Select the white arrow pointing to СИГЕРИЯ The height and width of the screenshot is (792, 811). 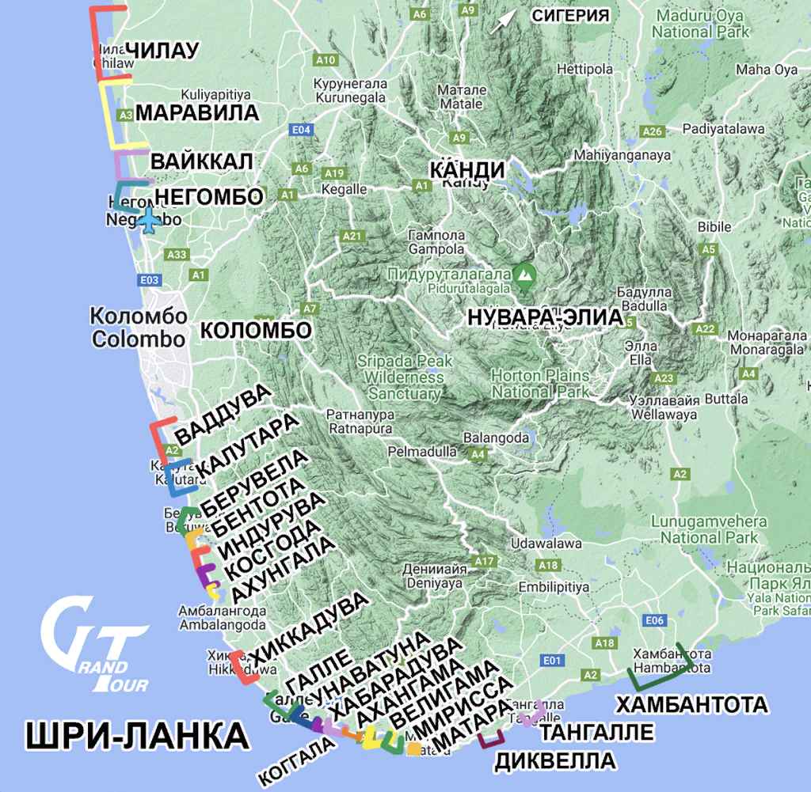pos(501,21)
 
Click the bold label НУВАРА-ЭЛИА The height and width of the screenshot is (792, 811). pos(546,316)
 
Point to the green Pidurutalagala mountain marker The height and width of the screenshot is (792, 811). pos(524,275)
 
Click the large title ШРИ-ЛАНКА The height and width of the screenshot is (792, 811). pos(137,737)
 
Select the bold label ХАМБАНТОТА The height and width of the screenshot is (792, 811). pos(691,704)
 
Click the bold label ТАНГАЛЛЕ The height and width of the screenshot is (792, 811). pos(598,732)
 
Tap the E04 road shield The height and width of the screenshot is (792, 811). pos(300,130)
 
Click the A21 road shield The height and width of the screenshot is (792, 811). pos(352,236)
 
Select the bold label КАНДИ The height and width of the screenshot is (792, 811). pos(466,169)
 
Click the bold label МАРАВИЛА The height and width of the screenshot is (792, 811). pos(197,112)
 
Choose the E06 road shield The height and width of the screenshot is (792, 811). pos(654,621)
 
